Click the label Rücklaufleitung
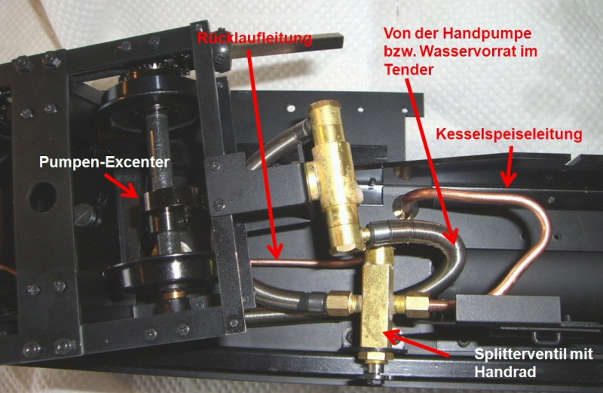(255, 38)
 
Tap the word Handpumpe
(487, 34)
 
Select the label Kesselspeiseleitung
(509, 134)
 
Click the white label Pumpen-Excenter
(104, 162)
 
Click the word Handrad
(505, 372)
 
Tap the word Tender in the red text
(409, 69)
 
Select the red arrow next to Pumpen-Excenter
(121, 186)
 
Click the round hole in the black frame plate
(42, 197)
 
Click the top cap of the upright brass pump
(324, 109)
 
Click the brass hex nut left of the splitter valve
(337, 303)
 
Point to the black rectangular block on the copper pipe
(507, 309)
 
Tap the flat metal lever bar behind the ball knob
(286, 44)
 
